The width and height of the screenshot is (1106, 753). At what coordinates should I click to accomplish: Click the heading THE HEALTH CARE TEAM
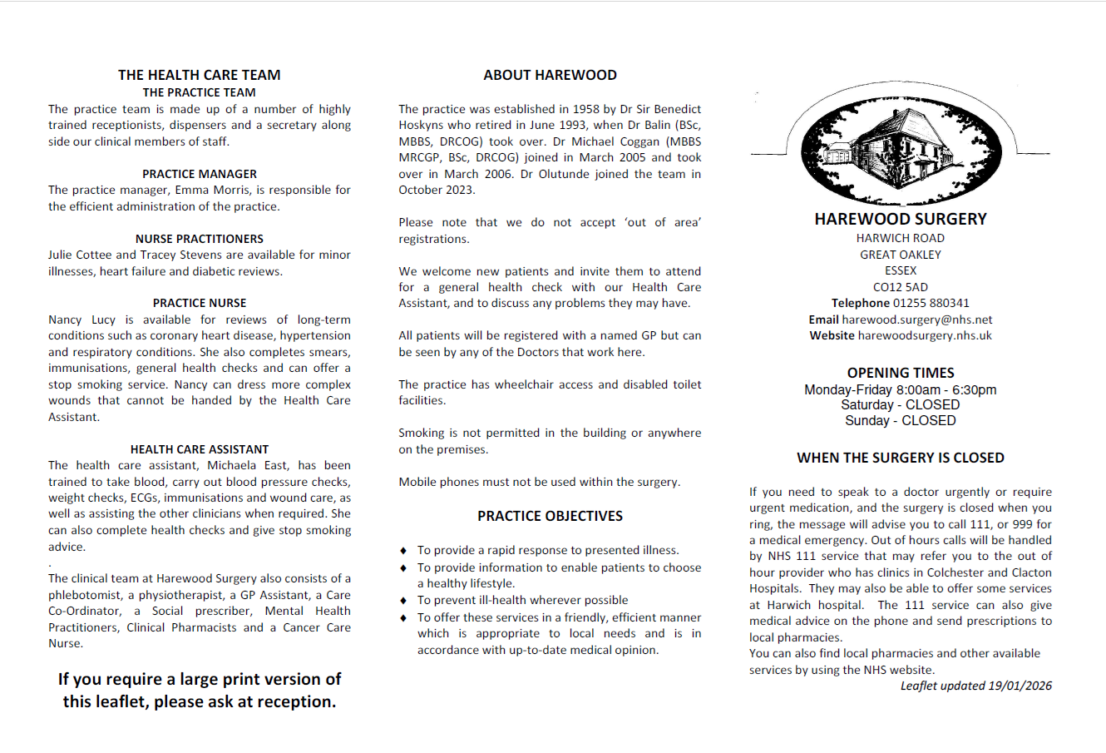pyautogui.click(x=199, y=75)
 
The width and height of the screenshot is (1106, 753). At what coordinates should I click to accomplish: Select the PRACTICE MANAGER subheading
pyautogui.click(x=200, y=174)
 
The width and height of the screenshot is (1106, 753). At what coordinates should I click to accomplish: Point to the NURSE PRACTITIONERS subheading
pyautogui.click(x=200, y=239)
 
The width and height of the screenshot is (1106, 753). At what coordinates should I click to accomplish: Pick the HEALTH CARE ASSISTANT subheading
pyautogui.click(x=200, y=449)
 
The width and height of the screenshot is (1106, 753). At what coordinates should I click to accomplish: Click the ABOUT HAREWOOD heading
pyautogui.click(x=550, y=75)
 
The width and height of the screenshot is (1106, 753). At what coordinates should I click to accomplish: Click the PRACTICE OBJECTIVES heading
pyautogui.click(x=550, y=516)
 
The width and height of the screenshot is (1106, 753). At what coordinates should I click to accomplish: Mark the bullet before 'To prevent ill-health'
pyautogui.click(x=403, y=601)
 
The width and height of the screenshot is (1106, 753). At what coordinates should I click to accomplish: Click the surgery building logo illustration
pyautogui.click(x=901, y=146)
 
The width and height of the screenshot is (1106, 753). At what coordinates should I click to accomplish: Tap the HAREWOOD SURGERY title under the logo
pyautogui.click(x=901, y=219)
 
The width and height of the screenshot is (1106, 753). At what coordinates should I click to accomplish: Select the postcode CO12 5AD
pyautogui.click(x=901, y=287)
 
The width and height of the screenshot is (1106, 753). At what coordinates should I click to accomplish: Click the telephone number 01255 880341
pyautogui.click(x=931, y=303)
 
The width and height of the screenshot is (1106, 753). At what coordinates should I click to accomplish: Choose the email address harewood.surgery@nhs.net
pyautogui.click(x=917, y=320)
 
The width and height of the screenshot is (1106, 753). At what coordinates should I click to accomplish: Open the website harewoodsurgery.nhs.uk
pyautogui.click(x=925, y=335)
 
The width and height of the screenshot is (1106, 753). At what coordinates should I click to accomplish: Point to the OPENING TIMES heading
pyautogui.click(x=901, y=373)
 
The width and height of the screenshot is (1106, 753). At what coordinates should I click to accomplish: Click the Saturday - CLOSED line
pyautogui.click(x=901, y=405)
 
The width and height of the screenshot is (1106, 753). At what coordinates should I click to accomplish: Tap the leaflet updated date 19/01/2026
pyautogui.click(x=1020, y=686)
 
